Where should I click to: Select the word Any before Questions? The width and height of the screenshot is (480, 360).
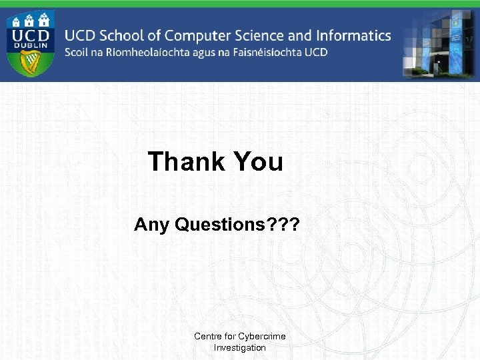(x=152, y=225)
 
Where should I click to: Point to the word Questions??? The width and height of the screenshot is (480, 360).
(x=237, y=225)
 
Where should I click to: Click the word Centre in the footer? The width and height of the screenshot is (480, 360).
(x=208, y=336)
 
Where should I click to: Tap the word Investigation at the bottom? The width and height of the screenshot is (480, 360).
(x=239, y=348)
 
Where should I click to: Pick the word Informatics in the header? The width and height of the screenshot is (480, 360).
(x=353, y=35)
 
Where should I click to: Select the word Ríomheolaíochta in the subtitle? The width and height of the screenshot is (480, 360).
(x=142, y=53)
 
